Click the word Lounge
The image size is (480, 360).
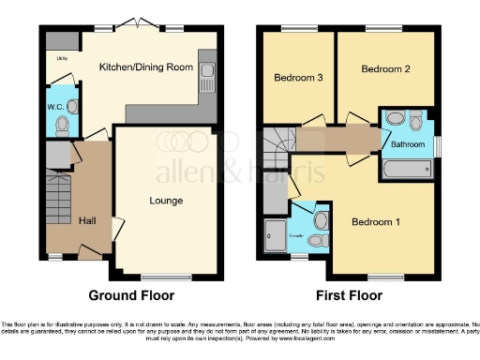pos(165,201)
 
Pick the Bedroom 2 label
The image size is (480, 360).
pos(384,69)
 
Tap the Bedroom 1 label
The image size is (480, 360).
pos(375,222)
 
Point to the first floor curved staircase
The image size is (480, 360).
pos(277,146)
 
